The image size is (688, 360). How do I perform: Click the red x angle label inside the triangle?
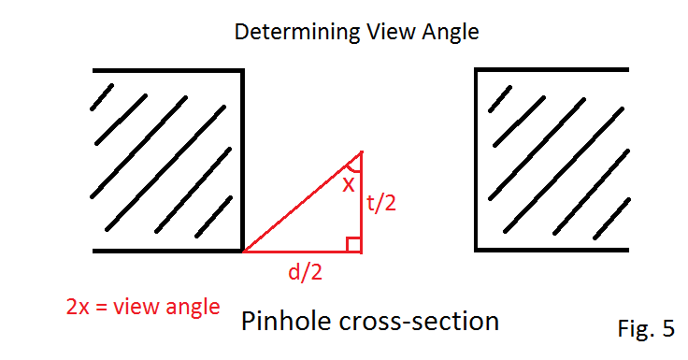click(x=348, y=184)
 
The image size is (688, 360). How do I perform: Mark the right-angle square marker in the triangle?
click(x=353, y=244)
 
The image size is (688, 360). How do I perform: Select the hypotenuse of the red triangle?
click(x=301, y=202)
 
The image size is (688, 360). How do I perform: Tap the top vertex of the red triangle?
click(x=361, y=151)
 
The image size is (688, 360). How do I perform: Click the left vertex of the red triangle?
click(x=244, y=252)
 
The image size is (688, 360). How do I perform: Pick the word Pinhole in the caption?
click(x=281, y=322)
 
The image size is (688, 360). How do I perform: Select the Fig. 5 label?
click(x=645, y=328)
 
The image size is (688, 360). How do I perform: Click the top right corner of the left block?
click(x=243, y=69)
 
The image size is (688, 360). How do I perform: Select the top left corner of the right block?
click(x=477, y=69)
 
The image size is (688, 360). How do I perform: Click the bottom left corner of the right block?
click(x=477, y=251)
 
